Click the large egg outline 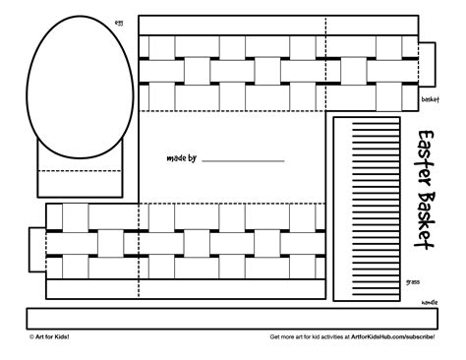(x=80, y=89)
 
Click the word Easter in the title (x=428, y=156)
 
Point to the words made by (x=182, y=157)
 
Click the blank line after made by (x=243, y=159)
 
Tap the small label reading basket (x=430, y=100)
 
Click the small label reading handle (x=430, y=302)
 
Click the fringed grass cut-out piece (x=367, y=206)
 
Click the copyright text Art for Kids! (x=49, y=337)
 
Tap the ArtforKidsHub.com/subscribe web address (x=393, y=337)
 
